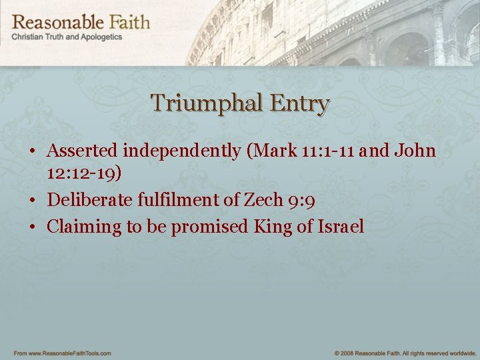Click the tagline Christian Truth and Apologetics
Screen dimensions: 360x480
tap(67, 37)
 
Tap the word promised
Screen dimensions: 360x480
tap(209, 227)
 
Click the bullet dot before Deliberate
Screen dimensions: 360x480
tap(33, 200)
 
